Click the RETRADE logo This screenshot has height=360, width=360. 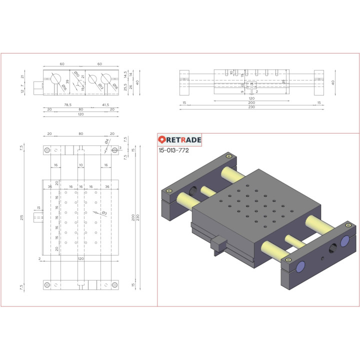(x=179, y=140)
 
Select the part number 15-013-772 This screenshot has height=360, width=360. (x=173, y=150)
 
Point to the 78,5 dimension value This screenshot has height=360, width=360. (x=67, y=105)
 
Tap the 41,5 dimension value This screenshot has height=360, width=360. (x=105, y=105)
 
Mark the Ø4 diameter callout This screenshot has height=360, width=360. (x=106, y=142)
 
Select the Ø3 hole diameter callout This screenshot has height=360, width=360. (x=104, y=213)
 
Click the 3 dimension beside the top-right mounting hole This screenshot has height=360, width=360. (x=120, y=148)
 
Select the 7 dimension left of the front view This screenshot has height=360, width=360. (x=22, y=86)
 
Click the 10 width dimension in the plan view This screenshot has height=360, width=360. (x=80, y=164)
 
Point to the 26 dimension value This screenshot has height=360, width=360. (x=131, y=86)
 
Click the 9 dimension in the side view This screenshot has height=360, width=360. (x=241, y=91)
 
